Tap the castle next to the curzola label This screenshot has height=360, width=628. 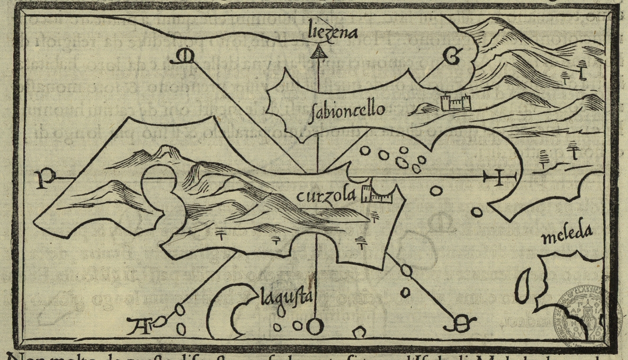pos(376,195)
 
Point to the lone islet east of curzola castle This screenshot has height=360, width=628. pos(436,191)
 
